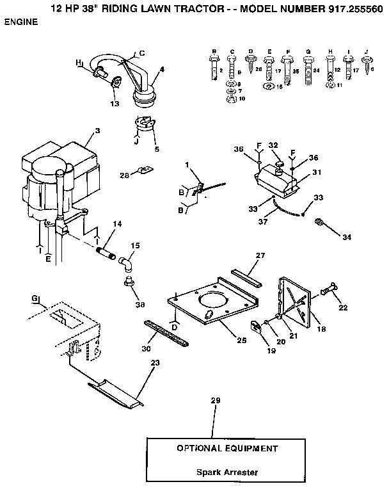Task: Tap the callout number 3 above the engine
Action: tap(97, 131)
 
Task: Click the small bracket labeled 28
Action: tap(146, 172)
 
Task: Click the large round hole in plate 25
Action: tap(212, 302)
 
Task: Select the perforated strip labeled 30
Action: tap(165, 334)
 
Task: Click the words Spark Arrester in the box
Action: tap(227, 473)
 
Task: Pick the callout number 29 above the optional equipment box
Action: tap(215, 401)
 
